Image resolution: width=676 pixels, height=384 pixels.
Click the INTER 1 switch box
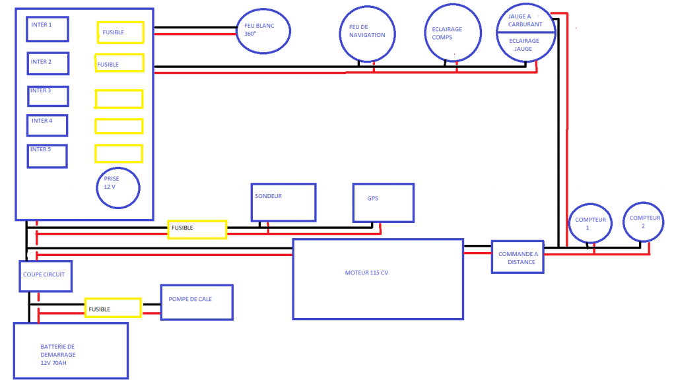click(47, 28)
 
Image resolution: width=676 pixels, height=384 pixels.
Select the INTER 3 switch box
click(48, 96)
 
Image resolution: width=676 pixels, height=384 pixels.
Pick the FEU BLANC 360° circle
click(263, 30)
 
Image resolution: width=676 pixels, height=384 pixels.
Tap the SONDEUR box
click(283, 202)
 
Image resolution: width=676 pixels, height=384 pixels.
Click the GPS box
click(383, 203)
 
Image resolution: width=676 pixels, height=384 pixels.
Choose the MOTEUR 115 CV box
click(378, 278)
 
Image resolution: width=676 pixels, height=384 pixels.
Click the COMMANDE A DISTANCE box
click(518, 257)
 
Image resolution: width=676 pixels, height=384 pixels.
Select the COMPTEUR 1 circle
click(591, 222)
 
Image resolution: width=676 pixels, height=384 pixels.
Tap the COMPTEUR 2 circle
click(644, 222)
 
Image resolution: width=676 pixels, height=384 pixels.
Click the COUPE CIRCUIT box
click(46, 276)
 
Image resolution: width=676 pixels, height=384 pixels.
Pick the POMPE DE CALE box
click(197, 302)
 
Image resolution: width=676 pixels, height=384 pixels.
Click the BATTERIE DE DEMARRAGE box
click(70, 350)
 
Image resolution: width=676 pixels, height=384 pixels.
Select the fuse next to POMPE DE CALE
click(113, 308)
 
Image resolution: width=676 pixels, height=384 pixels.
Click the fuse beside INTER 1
click(120, 32)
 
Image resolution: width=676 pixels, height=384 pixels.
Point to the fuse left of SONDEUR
click(197, 230)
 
